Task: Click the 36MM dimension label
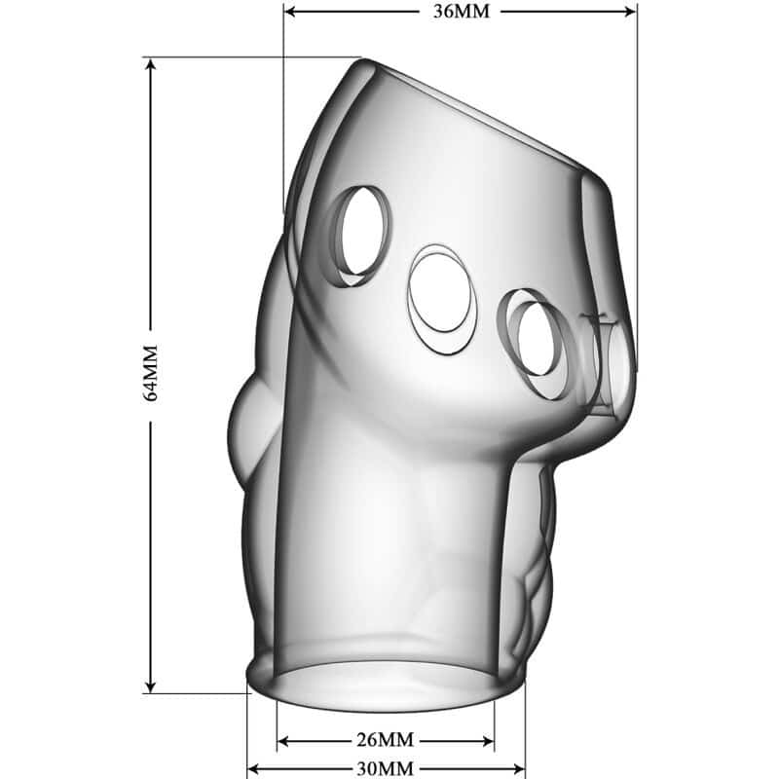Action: (x=461, y=11)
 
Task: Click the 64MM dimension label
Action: (x=150, y=373)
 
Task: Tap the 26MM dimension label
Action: (x=385, y=740)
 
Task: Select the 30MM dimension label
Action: (x=385, y=769)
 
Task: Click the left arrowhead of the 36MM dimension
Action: (x=289, y=11)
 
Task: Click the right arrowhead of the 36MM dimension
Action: (x=630, y=11)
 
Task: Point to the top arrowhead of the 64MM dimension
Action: (x=151, y=64)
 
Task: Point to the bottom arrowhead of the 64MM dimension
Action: (x=151, y=686)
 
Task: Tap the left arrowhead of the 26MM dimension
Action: (x=283, y=741)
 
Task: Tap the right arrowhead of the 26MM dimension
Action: (x=488, y=741)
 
